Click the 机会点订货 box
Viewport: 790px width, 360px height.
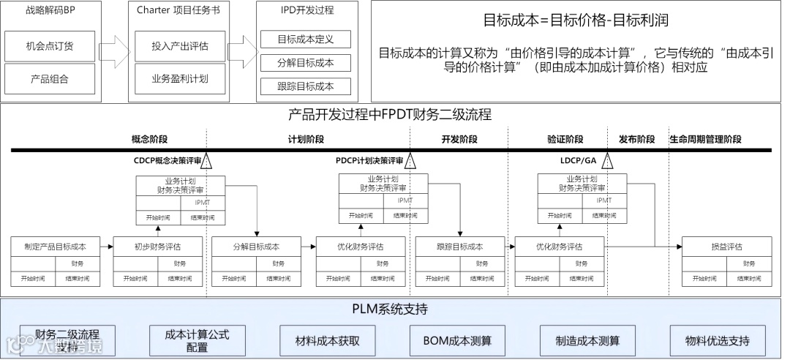(x=50, y=46)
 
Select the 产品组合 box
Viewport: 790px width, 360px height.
(x=50, y=79)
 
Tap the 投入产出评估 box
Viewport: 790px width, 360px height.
(x=180, y=46)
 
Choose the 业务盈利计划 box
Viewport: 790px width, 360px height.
(x=180, y=79)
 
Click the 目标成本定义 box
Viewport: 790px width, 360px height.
(x=306, y=39)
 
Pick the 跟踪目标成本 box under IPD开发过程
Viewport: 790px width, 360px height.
(x=306, y=86)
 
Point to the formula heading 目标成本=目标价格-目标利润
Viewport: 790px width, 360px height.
(x=576, y=20)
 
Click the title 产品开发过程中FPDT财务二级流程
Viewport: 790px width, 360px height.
(x=390, y=115)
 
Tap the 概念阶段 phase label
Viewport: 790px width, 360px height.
(x=149, y=139)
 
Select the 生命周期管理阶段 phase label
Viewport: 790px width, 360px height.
(x=706, y=139)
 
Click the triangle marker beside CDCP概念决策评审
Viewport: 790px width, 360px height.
(x=207, y=162)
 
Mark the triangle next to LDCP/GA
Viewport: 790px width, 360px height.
(x=609, y=162)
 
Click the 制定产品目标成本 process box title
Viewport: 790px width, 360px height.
(x=55, y=247)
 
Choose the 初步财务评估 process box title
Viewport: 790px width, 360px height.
(x=157, y=247)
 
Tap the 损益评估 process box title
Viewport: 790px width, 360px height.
(x=726, y=247)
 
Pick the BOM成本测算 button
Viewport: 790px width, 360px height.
(x=457, y=341)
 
